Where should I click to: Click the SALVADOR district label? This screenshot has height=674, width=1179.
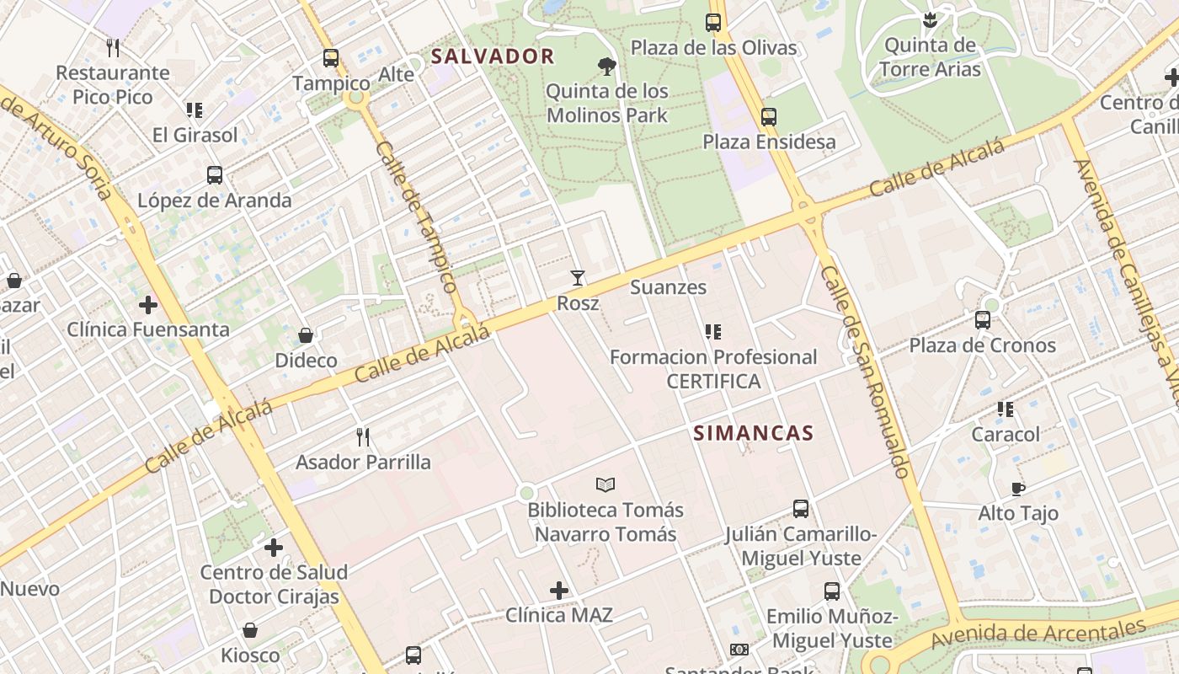[493, 56]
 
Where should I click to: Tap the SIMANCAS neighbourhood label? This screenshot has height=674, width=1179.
[753, 433]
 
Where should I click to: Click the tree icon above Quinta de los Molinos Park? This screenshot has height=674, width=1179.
[606, 67]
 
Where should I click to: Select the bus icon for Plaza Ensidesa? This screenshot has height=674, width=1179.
[768, 117]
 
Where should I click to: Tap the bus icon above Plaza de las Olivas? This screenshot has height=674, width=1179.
[713, 23]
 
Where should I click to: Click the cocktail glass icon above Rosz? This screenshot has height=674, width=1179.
[578, 278]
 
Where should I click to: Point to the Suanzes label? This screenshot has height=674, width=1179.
[669, 287]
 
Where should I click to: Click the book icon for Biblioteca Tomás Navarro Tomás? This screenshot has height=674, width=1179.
[606, 484]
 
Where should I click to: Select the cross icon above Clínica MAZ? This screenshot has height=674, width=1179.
[559, 591]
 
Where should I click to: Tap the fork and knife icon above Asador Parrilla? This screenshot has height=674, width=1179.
[363, 436]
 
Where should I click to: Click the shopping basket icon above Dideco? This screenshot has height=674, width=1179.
[306, 335]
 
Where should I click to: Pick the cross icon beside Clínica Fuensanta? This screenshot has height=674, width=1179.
[148, 304]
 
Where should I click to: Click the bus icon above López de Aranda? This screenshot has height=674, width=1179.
[215, 175]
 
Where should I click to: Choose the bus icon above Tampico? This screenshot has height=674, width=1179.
[331, 58]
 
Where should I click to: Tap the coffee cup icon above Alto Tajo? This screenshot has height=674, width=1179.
[1018, 489]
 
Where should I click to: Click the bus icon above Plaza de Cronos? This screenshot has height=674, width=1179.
[982, 320]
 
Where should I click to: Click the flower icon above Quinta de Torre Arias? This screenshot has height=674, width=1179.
[930, 19]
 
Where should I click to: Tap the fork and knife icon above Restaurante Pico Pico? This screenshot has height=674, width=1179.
[113, 47]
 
